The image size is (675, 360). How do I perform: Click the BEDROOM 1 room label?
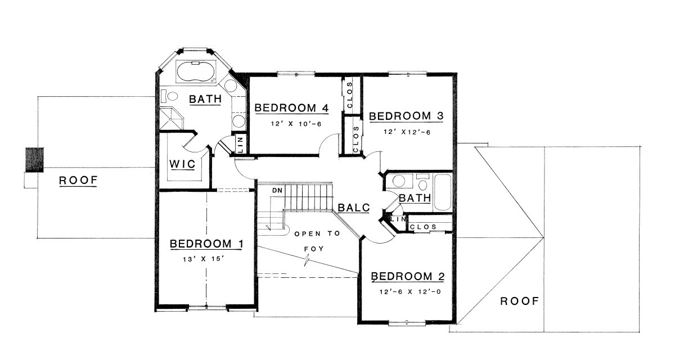[x=206, y=244]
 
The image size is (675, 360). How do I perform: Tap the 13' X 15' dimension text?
[x=204, y=259]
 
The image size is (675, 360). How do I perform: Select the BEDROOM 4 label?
[x=291, y=108]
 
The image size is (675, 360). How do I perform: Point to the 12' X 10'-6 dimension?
[x=296, y=124]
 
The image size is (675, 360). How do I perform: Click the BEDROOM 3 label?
[x=406, y=116]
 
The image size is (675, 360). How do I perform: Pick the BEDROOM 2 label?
[x=408, y=276]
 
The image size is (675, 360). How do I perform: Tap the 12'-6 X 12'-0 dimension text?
[x=410, y=291]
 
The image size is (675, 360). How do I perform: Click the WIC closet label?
[x=182, y=164]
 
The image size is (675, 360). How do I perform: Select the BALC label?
[x=353, y=208]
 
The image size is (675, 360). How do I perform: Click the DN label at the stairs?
[x=277, y=190]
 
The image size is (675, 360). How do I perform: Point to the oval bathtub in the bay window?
[x=196, y=71]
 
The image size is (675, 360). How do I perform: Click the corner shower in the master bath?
[x=171, y=119]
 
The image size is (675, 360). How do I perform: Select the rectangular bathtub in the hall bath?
[x=442, y=192]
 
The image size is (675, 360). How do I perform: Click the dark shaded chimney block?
[x=34, y=160]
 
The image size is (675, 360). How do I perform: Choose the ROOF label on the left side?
[x=78, y=181]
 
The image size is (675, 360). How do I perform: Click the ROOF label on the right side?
[x=520, y=301]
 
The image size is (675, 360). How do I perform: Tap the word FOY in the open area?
[x=314, y=249]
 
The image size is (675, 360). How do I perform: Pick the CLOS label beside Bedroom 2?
[x=423, y=227]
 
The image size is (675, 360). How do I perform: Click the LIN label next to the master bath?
[x=241, y=145]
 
